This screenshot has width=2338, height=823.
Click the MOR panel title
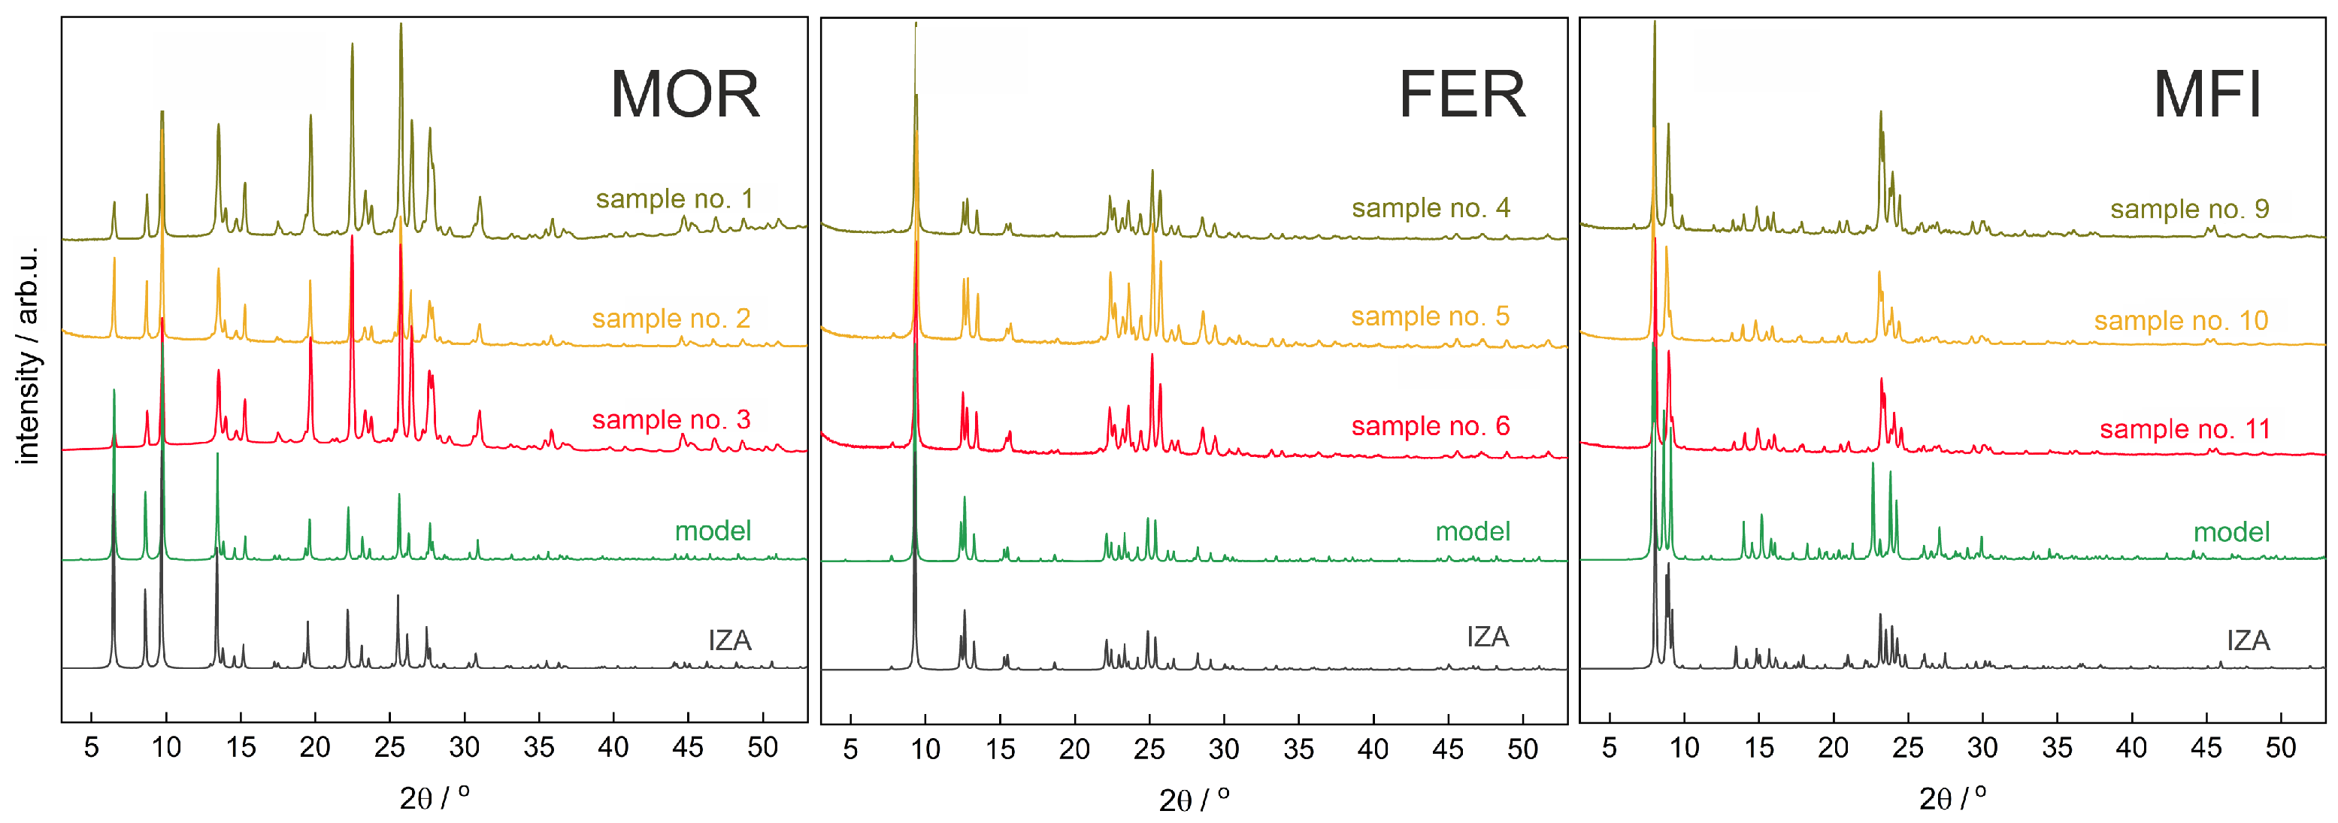[x=686, y=95]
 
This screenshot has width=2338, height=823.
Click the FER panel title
[x=1461, y=95]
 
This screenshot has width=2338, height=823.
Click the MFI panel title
[x=2206, y=95]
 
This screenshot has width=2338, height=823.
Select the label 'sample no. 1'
[x=674, y=198]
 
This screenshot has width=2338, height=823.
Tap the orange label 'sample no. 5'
[x=1431, y=316]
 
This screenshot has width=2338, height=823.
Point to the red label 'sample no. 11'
[x=2185, y=429]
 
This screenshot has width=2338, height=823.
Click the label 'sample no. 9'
[x=2189, y=209]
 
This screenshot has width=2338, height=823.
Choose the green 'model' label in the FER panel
[x=1472, y=531]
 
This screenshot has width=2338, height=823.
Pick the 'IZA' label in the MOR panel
[x=730, y=640]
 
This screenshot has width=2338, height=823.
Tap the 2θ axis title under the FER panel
[x=1195, y=798]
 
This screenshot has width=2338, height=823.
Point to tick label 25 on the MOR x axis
[x=389, y=748]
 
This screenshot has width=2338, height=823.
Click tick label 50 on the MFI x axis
[x=2280, y=749]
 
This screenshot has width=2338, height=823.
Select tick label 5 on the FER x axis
[x=850, y=749]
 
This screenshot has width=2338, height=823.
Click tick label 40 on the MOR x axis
[x=613, y=748]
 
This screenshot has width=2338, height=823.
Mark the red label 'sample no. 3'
[x=671, y=420]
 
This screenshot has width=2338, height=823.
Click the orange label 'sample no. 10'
[x=2181, y=320]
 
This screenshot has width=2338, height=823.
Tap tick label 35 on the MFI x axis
[x=2057, y=749]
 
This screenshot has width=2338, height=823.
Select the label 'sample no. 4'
[x=1431, y=207]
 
